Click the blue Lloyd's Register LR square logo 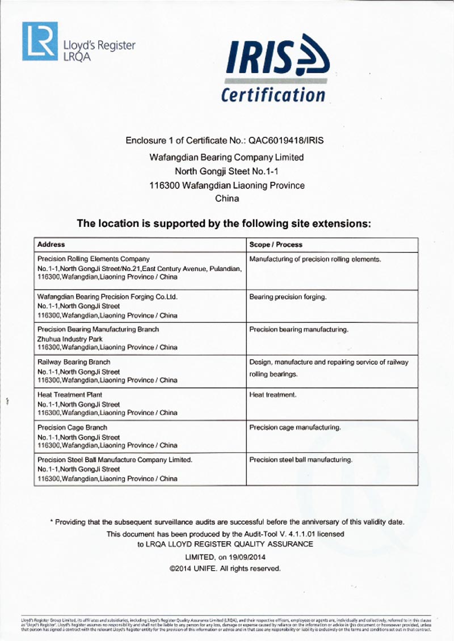(x=40, y=41)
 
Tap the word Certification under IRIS (x=273, y=94)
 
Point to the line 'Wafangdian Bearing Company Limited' (x=226, y=157)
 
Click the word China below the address (x=227, y=199)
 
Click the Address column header (x=51, y=244)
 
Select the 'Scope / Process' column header (x=276, y=244)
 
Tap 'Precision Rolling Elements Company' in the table (x=94, y=259)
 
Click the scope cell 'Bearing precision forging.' (x=288, y=297)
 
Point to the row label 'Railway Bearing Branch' (x=74, y=362)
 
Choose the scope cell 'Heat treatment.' (x=273, y=394)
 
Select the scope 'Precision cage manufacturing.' (x=295, y=427)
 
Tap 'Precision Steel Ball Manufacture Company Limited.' (x=115, y=459)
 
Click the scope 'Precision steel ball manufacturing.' (x=301, y=459)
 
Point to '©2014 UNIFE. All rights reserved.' (x=225, y=568)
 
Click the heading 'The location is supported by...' (x=224, y=223)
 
